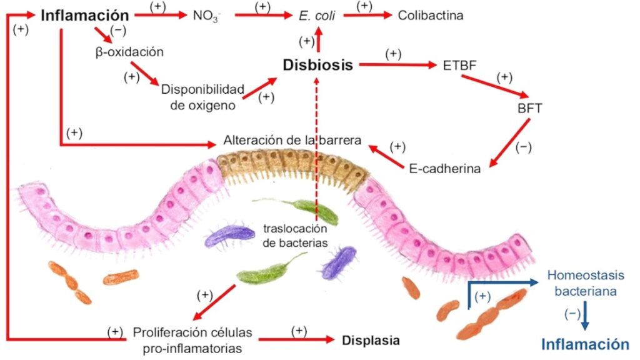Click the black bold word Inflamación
pyautogui.click(x=85, y=15)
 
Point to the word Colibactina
pyautogui.click(x=431, y=15)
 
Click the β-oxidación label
pyautogui.click(x=129, y=52)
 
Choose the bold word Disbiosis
pyautogui.click(x=317, y=64)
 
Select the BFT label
pyautogui.click(x=529, y=107)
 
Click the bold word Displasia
pyautogui.click(x=371, y=341)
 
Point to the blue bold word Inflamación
pyautogui.click(x=584, y=344)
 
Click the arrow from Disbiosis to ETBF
pyautogui.click(x=397, y=64)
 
